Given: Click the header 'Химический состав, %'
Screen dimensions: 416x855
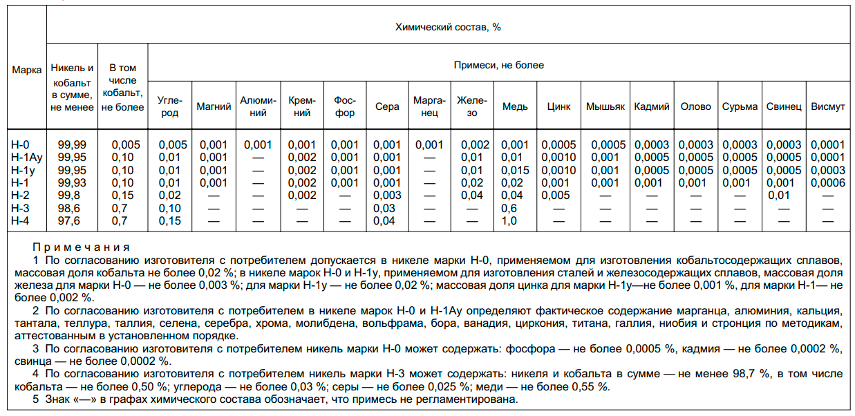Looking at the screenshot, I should [x=447, y=27].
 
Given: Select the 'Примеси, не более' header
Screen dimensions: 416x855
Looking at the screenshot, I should [x=498, y=66].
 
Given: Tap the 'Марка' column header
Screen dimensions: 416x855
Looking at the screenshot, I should [x=27, y=70].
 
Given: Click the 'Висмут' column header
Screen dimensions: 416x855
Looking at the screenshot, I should [x=827, y=107].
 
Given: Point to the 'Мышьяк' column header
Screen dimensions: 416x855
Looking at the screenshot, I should [x=605, y=107].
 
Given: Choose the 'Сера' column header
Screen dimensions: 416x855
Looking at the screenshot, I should [x=387, y=107].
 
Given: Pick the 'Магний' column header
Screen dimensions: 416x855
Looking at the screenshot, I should [x=214, y=107].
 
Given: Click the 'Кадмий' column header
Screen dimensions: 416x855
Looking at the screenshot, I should [x=651, y=107].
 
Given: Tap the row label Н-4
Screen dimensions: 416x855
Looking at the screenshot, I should [x=21, y=220].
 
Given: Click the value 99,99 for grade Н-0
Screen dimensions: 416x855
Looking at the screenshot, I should [x=73, y=145].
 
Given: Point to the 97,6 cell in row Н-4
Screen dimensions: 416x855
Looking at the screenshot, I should [x=73, y=220].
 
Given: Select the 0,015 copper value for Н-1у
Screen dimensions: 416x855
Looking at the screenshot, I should [x=515, y=170].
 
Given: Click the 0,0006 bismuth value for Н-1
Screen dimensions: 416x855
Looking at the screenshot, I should [x=827, y=182].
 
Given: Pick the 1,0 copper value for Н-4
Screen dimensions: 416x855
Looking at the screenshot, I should [x=509, y=220].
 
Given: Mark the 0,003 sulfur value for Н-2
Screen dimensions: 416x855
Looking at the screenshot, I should [x=387, y=196].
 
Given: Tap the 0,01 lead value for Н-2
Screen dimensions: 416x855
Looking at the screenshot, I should [x=783, y=196].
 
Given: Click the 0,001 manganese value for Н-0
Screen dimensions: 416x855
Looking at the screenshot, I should [x=429, y=145].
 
